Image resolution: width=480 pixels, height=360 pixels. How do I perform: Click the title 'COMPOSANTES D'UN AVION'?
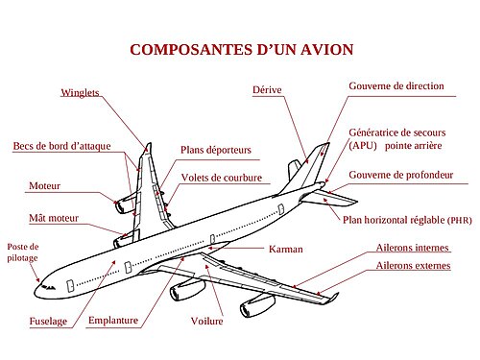pos(242,50)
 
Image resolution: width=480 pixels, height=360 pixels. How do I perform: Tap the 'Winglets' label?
pos(80,93)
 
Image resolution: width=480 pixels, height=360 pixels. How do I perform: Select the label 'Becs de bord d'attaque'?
pos(61,146)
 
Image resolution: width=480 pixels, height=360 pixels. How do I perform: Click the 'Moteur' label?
pos(44,186)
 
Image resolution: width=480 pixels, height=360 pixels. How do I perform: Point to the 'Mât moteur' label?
pos(54,218)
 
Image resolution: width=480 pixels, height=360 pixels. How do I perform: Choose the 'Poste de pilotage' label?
pos(23,252)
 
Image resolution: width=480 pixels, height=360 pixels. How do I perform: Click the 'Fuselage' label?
pos(48,321)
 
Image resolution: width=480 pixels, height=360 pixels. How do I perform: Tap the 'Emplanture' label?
pos(113,321)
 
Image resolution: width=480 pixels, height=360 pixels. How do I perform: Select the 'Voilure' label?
pos(206,321)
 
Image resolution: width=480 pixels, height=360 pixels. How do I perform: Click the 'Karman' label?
pos(286,249)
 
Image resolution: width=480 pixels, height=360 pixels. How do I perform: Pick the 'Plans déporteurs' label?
pos(216,150)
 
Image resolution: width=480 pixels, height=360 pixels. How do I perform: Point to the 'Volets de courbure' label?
pos(222,178)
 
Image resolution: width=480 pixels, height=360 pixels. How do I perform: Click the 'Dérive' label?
pos(267,89)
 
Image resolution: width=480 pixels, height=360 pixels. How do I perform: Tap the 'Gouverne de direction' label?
pos(396,86)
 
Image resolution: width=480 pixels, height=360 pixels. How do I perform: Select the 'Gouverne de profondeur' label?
pos(401,175)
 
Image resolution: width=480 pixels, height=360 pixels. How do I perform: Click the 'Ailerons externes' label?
pos(413,266)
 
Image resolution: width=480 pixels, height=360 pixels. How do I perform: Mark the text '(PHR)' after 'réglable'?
pos(460,220)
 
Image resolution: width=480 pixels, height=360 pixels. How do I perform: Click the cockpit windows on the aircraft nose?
pos(48,287)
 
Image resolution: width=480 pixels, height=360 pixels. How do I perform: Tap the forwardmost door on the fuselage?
pos(70,286)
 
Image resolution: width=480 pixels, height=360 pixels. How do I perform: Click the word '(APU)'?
pos(363,146)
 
